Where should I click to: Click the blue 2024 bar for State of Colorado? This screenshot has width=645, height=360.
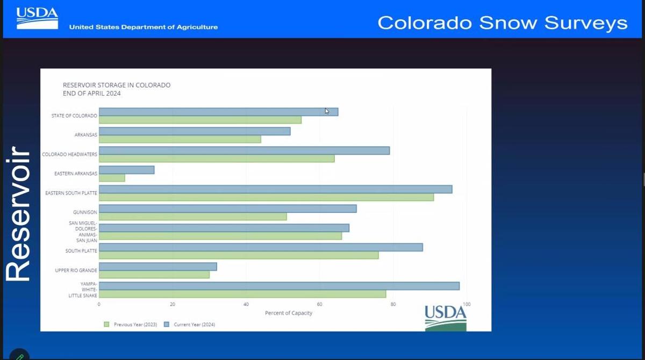[219, 112]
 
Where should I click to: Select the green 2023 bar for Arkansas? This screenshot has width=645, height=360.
[180, 139]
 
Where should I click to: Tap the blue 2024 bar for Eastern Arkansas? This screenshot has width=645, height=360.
[127, 170]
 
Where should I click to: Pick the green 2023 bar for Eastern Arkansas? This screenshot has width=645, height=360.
[112, 178]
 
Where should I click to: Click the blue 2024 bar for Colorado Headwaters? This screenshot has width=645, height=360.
[245, 150]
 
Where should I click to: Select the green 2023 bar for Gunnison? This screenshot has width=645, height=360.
[193, 217]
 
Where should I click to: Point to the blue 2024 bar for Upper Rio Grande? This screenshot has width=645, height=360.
[158, 267]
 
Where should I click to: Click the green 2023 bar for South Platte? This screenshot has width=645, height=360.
[239, 255]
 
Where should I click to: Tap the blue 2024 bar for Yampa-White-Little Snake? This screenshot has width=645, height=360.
[279, 286]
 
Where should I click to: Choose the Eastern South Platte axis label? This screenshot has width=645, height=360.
[71, 193]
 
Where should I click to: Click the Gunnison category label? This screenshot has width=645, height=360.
[85, 212]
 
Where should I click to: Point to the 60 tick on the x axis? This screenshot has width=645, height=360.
[320, 304]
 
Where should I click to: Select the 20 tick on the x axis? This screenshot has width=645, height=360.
[173, 304]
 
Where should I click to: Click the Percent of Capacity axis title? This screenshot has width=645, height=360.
[289, 313]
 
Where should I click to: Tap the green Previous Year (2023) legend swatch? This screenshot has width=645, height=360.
[106, 325]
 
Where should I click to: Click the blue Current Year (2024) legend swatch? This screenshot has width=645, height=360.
[167, 325]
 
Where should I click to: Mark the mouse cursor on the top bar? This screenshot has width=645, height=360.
[327, 111]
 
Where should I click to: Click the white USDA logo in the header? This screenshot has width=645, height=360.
[37, 18]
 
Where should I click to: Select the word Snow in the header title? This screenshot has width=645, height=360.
[508, 23]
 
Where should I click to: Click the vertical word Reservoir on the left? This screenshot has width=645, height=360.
[18, 213]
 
